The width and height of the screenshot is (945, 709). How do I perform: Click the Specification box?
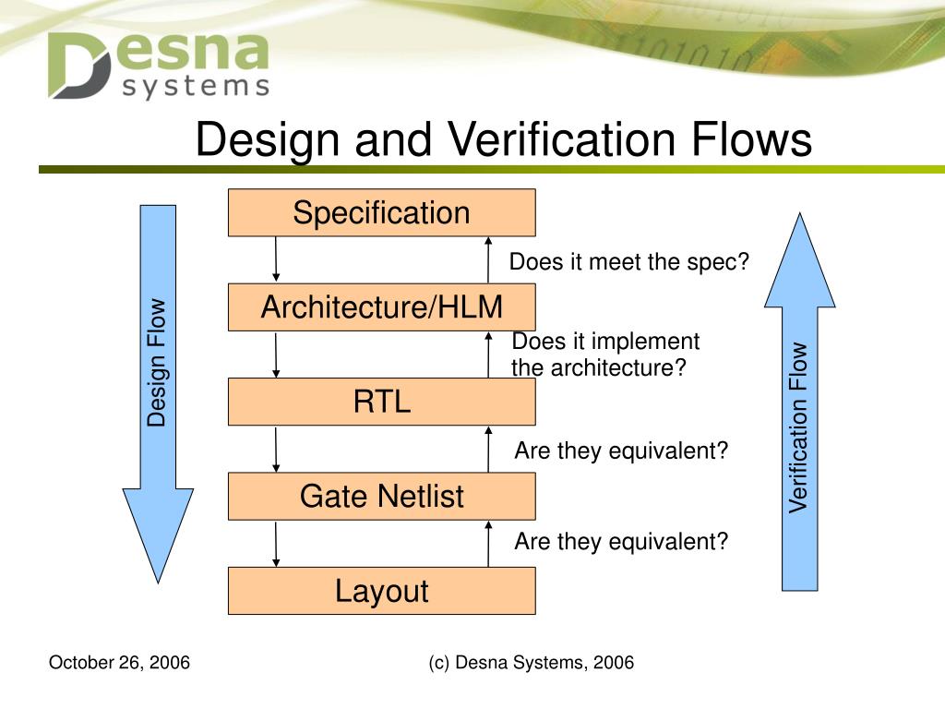click(x=381, y=213)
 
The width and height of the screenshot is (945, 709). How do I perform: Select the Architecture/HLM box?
click(x=381, y=307)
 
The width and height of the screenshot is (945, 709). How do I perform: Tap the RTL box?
click(x=381, y=402)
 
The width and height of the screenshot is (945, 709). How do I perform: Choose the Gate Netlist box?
click(x=381, y=497)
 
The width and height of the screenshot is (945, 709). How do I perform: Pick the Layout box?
click(x=381, y=591)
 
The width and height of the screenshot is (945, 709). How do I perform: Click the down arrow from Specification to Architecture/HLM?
click(x=276, y=259)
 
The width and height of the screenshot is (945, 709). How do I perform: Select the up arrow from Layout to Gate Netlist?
click(x=488, y=543)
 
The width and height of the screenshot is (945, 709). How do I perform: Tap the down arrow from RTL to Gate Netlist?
click(x=276, y=449)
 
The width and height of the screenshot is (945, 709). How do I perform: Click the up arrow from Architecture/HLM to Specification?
click(x=488, y=259)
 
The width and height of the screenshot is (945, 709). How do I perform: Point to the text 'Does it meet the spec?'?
click(x=629, y=262)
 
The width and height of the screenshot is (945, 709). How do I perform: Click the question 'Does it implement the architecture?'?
click(x=605, y=354)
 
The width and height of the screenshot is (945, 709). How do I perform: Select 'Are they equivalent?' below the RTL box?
click(x=621, y=451)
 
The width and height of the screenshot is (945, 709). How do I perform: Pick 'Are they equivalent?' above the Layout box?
click(x=621, y=541)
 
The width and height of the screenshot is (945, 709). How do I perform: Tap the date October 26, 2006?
click(x=119, y=663)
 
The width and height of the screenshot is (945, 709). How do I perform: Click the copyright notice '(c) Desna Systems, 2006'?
click(x=532, y=663)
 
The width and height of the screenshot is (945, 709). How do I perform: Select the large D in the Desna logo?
click(x=78, y=66)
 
